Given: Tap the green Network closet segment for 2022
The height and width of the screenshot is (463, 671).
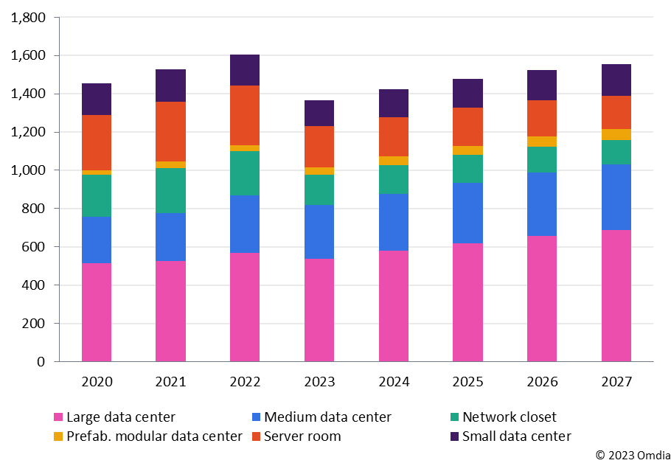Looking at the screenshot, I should point(245,173).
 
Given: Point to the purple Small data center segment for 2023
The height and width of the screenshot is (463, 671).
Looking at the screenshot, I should point(319,113).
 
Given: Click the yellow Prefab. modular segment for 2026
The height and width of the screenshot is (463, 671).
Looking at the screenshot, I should point(542,142).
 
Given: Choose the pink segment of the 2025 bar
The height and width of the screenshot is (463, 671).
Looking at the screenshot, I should point(467,302).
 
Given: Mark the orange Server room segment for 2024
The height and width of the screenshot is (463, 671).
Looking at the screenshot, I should point(394,136).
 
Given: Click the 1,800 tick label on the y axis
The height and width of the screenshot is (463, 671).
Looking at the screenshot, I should point(28,18).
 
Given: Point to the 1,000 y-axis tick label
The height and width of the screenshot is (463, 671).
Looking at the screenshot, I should point(28,170).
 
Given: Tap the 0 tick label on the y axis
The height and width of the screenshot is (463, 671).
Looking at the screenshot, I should point(42,362).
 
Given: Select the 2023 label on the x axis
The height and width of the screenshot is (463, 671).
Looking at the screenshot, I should point(319,382).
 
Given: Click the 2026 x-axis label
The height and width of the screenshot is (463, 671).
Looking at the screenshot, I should point(542,382).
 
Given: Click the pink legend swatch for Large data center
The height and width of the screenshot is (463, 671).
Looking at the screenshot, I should point(59,417).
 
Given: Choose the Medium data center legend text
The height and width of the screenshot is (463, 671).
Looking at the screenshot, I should point(327,417).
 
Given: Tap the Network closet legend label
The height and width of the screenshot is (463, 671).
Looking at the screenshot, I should point(509,417).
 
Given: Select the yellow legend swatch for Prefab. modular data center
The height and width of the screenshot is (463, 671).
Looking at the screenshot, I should point(59,436).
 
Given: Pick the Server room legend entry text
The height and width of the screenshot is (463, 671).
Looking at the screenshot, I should point(302,436).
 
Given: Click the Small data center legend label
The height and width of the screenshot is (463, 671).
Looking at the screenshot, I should point(516,436).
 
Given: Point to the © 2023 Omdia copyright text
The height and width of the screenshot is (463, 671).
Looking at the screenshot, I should point(631,454).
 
